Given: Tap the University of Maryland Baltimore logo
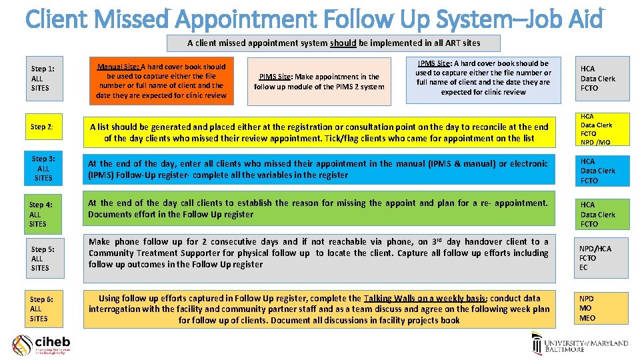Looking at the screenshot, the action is coord(579,344).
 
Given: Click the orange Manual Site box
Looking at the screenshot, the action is coord(161,81).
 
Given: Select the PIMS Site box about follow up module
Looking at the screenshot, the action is coord(319,81).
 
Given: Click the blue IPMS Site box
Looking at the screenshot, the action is coord(483,78).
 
